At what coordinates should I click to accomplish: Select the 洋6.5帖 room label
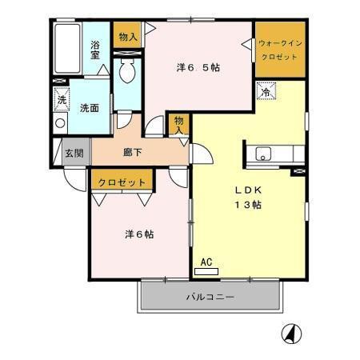click(x=198, y=68)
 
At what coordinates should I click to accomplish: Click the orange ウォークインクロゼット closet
click(x=280, y=49)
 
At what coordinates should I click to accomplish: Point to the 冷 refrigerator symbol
click(x=264, y=93)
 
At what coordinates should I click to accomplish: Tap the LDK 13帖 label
click(x=248, y=198)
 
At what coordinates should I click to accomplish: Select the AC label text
click(x=206, y=262)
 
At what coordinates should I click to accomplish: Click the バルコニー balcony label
click(x=210, y=297)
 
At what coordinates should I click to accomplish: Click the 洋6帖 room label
click(x=139, y=234)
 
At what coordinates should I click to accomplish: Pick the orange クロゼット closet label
click(x=122, y=182)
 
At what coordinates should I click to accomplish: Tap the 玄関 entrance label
click(x=74, y=153)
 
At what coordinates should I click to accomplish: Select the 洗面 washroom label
click(x=88, y=108)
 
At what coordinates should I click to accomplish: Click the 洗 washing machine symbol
click(x=62, y=100)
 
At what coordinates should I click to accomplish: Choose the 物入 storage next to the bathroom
click(x=127, y=36)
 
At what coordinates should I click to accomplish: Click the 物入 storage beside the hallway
click(x=179, y=124)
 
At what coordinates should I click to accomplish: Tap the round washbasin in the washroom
click(x=59, y=124)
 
